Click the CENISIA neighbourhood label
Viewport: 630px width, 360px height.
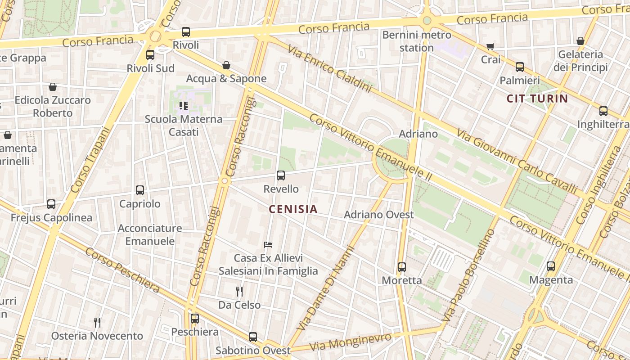[293, 209]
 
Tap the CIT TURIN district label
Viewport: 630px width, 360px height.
[537, 99]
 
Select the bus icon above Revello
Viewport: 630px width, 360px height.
[281, 175]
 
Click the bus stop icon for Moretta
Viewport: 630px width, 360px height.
[402, 267]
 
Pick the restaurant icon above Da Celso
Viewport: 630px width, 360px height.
[239, 292]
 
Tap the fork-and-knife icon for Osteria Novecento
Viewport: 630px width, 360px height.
[97, 322]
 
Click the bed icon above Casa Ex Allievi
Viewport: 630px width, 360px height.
[268, 245]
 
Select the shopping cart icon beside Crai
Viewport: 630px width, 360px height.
[490, 46]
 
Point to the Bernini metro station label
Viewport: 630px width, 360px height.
[417, 41]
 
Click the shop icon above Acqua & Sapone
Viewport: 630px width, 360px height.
[226, 65]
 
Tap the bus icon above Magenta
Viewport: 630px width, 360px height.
[551, 266]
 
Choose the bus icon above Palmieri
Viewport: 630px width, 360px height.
[520, 67]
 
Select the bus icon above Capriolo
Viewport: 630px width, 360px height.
[140, 190]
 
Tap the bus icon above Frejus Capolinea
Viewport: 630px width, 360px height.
[51, 204]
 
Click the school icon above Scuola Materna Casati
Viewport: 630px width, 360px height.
[183, 106]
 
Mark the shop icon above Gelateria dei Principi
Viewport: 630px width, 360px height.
[580, 41]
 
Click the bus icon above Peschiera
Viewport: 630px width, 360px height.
[195, 319]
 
